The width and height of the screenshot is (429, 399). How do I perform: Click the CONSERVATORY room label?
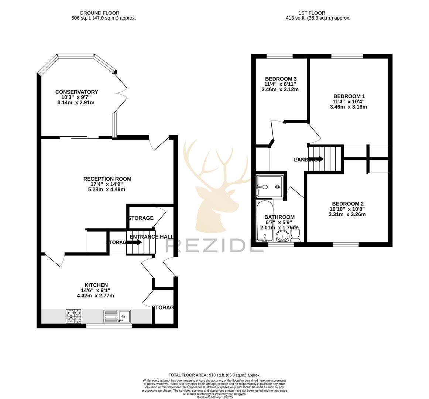(x=76, y=92)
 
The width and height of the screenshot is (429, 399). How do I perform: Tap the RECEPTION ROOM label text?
(x=107, y=179)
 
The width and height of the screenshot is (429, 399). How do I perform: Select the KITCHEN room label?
(x=96, y=285)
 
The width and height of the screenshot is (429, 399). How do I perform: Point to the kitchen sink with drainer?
(x=117, y=316)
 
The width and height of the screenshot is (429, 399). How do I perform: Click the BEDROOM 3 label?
(x=281, y=79)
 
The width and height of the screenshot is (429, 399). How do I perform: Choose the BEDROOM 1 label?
(x=349, y=96)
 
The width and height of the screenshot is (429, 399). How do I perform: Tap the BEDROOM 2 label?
(x=347, y=204)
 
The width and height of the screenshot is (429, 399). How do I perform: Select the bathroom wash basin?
(x=284, y=236)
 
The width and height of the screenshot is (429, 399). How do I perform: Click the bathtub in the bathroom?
(x=264, y=222)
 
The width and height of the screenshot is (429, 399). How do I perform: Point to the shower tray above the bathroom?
(x=270, y=187)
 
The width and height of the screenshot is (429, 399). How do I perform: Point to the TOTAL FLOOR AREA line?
(x=214, y=375)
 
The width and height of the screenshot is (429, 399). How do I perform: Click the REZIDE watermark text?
(x=214, y=245)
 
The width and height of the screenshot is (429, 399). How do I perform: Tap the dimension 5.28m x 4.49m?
(x=107, y=190)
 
